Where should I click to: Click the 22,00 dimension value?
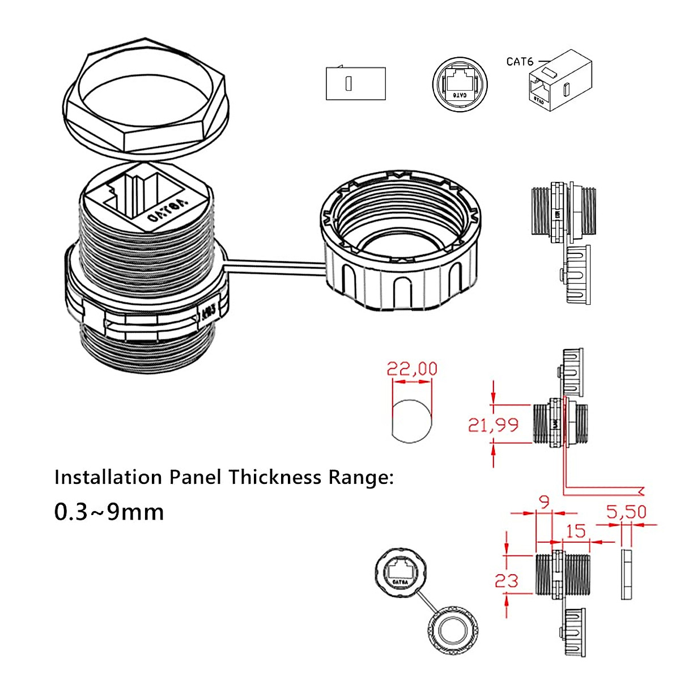(x=412, y=369)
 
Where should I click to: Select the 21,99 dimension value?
(x=492, y=424)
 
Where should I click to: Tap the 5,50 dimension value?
(x=626, y=512)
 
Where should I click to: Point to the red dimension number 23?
(x=506, y=581)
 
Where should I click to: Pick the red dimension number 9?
(x=544, y=502)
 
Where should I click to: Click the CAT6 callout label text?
(x=520, y=61)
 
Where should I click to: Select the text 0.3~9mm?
(x=109, y=512)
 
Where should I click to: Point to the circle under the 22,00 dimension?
(x=411, y=420)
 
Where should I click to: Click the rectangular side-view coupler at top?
(x=356, y=84)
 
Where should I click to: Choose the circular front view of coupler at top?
(x=460, y=84)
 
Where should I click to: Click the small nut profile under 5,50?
(x=626, y=573)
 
